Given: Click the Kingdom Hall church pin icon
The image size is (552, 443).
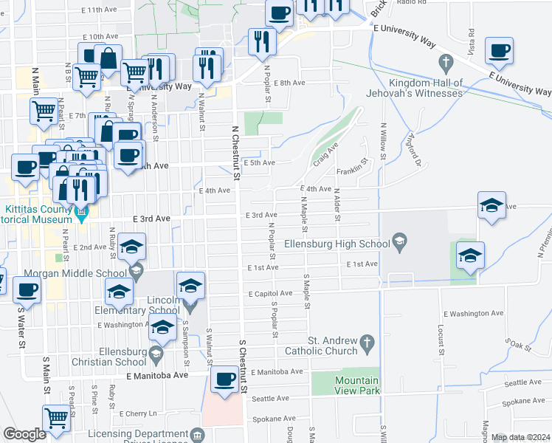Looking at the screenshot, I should point(445,61).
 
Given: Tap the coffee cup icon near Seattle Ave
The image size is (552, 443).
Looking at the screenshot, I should point(224,380).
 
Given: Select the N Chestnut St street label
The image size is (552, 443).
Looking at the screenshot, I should point(235,152).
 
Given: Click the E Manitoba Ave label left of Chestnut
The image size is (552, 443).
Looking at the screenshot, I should point(157,375).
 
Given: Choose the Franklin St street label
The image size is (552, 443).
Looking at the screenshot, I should point(351,171).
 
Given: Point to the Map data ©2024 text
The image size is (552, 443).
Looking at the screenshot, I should point(520,437).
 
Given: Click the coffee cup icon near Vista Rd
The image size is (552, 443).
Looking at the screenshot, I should point(499,50).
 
